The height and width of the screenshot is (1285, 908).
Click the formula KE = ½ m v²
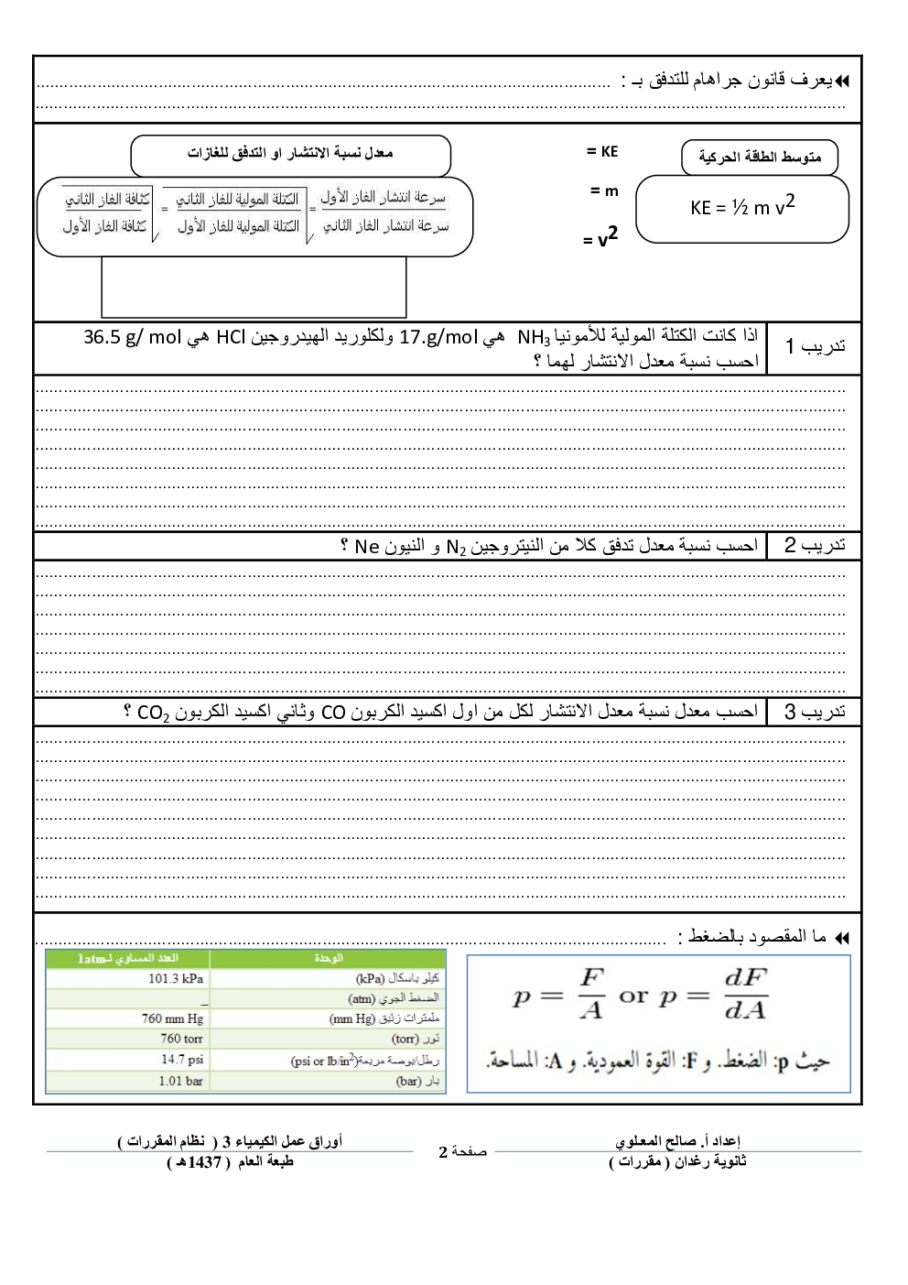(742, 206)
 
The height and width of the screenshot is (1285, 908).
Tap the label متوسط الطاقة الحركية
(760, 158)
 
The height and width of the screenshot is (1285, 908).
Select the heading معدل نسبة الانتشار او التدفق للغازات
(290, 154)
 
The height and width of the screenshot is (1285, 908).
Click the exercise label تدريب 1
(815, 347)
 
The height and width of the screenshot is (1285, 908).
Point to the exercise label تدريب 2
(815, 546)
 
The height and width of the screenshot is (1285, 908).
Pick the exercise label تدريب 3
(815, 712)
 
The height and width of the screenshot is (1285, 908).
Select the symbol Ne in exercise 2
(366, 547)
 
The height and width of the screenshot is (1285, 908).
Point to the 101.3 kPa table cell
(176, 979)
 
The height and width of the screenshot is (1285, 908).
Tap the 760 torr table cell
(181, 1039)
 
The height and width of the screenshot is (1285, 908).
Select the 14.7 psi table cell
(182, 1060)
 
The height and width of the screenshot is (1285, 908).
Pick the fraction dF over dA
(745, 994)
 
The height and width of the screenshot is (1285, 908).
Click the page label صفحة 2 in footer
(462, 1152)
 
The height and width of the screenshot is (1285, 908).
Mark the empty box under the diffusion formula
(254, 288)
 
